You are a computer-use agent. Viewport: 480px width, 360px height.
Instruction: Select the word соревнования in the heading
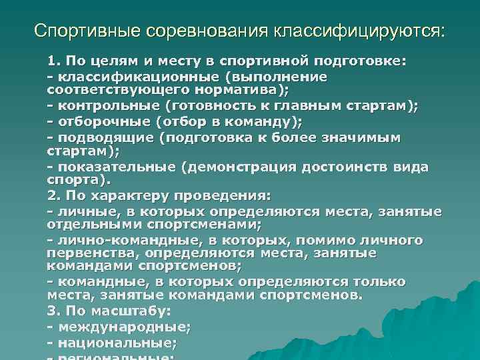[199, 31]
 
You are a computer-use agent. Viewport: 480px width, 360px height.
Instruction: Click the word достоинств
[347, 167]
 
